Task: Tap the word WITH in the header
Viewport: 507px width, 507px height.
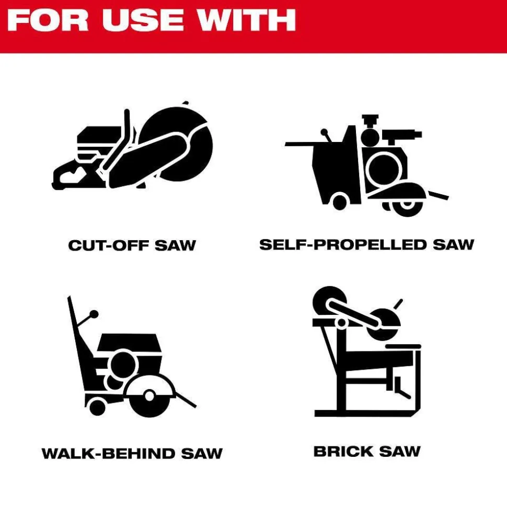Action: [247, 20]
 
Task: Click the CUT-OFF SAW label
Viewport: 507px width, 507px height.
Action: [132, 245]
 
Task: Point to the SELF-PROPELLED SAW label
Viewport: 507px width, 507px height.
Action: [367, 244]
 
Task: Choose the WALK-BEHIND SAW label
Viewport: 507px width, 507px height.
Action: [132, 453]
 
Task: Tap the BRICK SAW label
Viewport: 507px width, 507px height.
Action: [367, 451]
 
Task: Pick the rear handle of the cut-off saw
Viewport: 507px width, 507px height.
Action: [70, 176]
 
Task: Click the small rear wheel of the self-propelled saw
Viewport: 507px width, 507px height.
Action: [339, 202]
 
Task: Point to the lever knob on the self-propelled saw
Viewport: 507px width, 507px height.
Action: [324, 132]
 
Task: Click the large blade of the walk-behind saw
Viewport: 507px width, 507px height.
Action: [149, 396]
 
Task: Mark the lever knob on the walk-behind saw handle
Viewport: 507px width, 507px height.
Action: [94, 314]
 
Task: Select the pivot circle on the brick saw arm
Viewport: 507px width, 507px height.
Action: [341, 323]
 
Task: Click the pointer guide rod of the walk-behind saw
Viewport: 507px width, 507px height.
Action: [185, 399]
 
